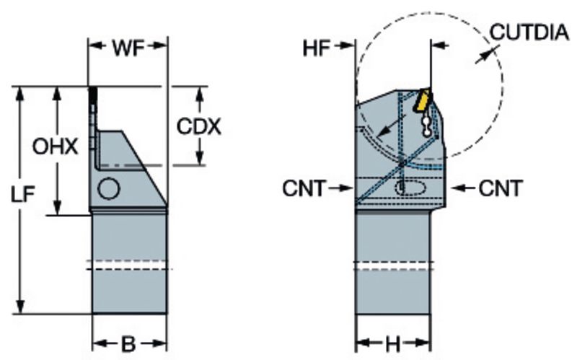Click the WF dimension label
(x=128, y=48)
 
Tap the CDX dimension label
(x=198, y=126)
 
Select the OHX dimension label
(x=54, y=147)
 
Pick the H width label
(x=392, y=343)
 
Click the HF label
(x=318, y=48)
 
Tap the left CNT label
(x=306, y=189)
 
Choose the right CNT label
(x=498, y=189)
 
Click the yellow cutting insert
(x=420, y=100)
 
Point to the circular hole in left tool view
(x=109, y=188)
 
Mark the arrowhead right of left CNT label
(x=349, y=189)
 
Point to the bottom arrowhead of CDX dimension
(x=198, y=159)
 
